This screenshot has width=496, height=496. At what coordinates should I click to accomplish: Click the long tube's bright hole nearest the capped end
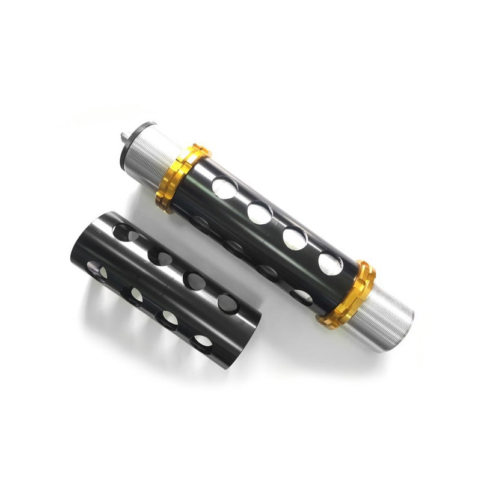(x=224, y=188)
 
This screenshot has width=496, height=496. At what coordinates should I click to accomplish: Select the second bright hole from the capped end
(x=259, y=212)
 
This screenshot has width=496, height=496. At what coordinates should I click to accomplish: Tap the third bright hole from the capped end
(x=295, y=238)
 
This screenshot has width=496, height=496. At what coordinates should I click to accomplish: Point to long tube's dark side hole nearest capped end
(x=201, y=225)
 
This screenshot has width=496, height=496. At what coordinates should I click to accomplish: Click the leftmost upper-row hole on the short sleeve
(x=124, y=232)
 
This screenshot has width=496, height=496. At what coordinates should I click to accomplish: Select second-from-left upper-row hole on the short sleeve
(x=160, y=257)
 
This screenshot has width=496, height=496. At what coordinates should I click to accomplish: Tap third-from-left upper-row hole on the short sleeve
(x=194, y=280)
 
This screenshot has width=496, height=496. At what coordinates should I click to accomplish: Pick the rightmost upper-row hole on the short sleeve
(x=227, y=303)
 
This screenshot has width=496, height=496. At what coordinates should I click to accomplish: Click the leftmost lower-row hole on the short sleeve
(x=97, y=271)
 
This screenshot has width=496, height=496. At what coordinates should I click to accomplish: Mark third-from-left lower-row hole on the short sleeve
(x=168, y=319)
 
